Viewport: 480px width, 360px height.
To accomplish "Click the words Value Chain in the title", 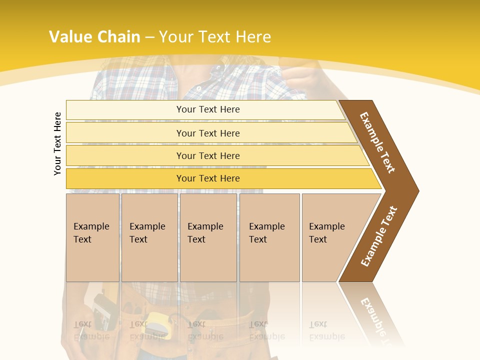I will click(94, 37).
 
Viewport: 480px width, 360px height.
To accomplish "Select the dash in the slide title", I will click(149, 37).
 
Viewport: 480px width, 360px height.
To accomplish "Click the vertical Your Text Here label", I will click(57, 143).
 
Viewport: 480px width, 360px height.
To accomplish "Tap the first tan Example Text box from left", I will click(92, 237).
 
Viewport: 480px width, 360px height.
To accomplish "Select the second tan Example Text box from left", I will click(149, 237).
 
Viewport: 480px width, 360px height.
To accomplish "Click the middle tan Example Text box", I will click(208, 237).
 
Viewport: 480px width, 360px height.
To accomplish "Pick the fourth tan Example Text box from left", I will click(269, 237).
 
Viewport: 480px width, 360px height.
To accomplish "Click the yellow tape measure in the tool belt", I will click(159, 320).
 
